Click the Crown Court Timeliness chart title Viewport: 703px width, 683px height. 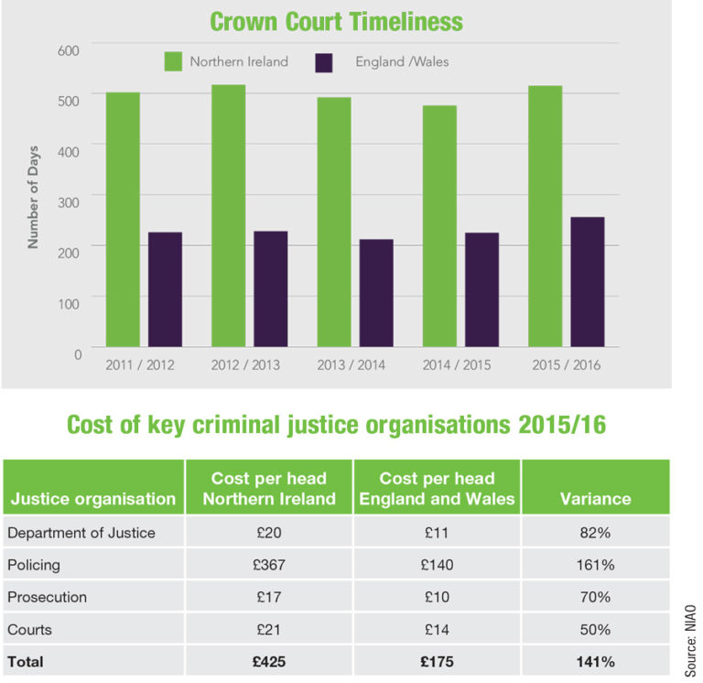[336, 20]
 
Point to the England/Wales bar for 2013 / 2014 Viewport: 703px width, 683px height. [376, 293]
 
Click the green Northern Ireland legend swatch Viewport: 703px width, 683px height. [173, 62]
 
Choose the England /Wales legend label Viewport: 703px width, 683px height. [403, 62]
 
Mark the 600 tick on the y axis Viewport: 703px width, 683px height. [70, 48]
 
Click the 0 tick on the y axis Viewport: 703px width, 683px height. [78, 353]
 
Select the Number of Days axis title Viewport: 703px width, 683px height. [33, 202]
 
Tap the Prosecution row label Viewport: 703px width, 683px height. [48, 597]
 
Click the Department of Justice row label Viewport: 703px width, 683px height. [81, 533]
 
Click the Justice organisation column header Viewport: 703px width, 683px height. [93, 499]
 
